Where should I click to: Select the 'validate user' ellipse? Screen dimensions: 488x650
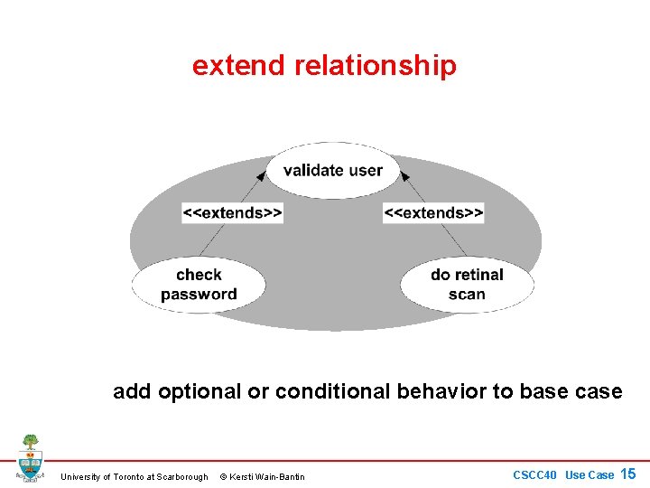pos(332,170)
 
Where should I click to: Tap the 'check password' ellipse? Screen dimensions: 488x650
pos(199,285)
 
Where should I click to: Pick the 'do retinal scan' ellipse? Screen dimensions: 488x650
pos(467,285)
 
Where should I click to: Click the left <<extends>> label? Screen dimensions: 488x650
pos(233,213)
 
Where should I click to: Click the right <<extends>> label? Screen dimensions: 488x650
pos(433,213)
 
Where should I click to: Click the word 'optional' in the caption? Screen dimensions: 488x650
pos(199,392)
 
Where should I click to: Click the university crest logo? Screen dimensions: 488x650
pos(30,458)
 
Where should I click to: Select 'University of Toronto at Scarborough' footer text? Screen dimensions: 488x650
pos(134,476)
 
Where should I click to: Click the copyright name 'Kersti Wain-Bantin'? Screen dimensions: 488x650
pos(269,476)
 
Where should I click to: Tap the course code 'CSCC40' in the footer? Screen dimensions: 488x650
pos(536,474)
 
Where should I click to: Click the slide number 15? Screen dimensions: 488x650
pos(628,474)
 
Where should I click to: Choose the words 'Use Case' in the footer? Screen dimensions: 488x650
pos(589,474)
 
